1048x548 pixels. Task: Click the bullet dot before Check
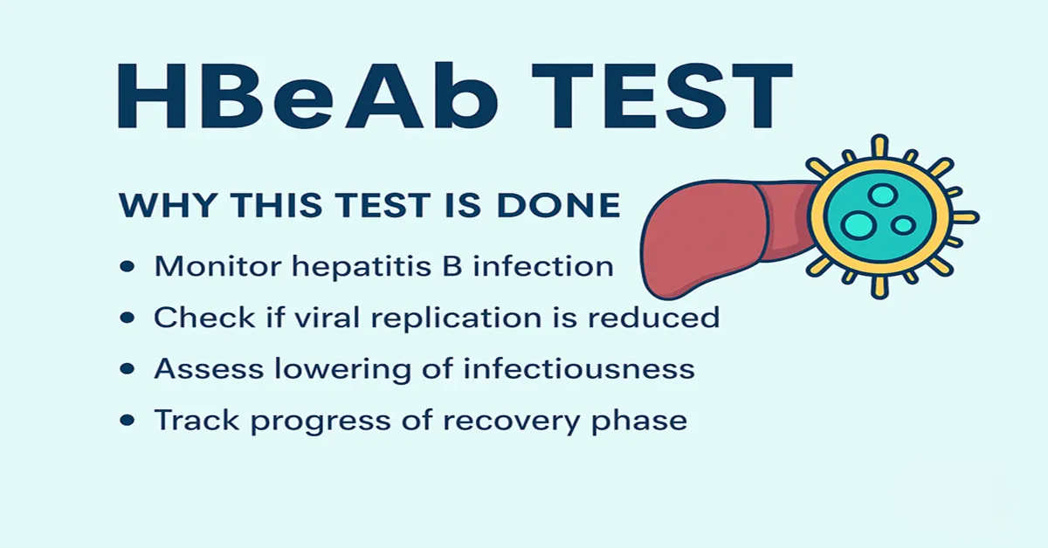tap(128, 319)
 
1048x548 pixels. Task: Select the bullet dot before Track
tap(128, 421)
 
